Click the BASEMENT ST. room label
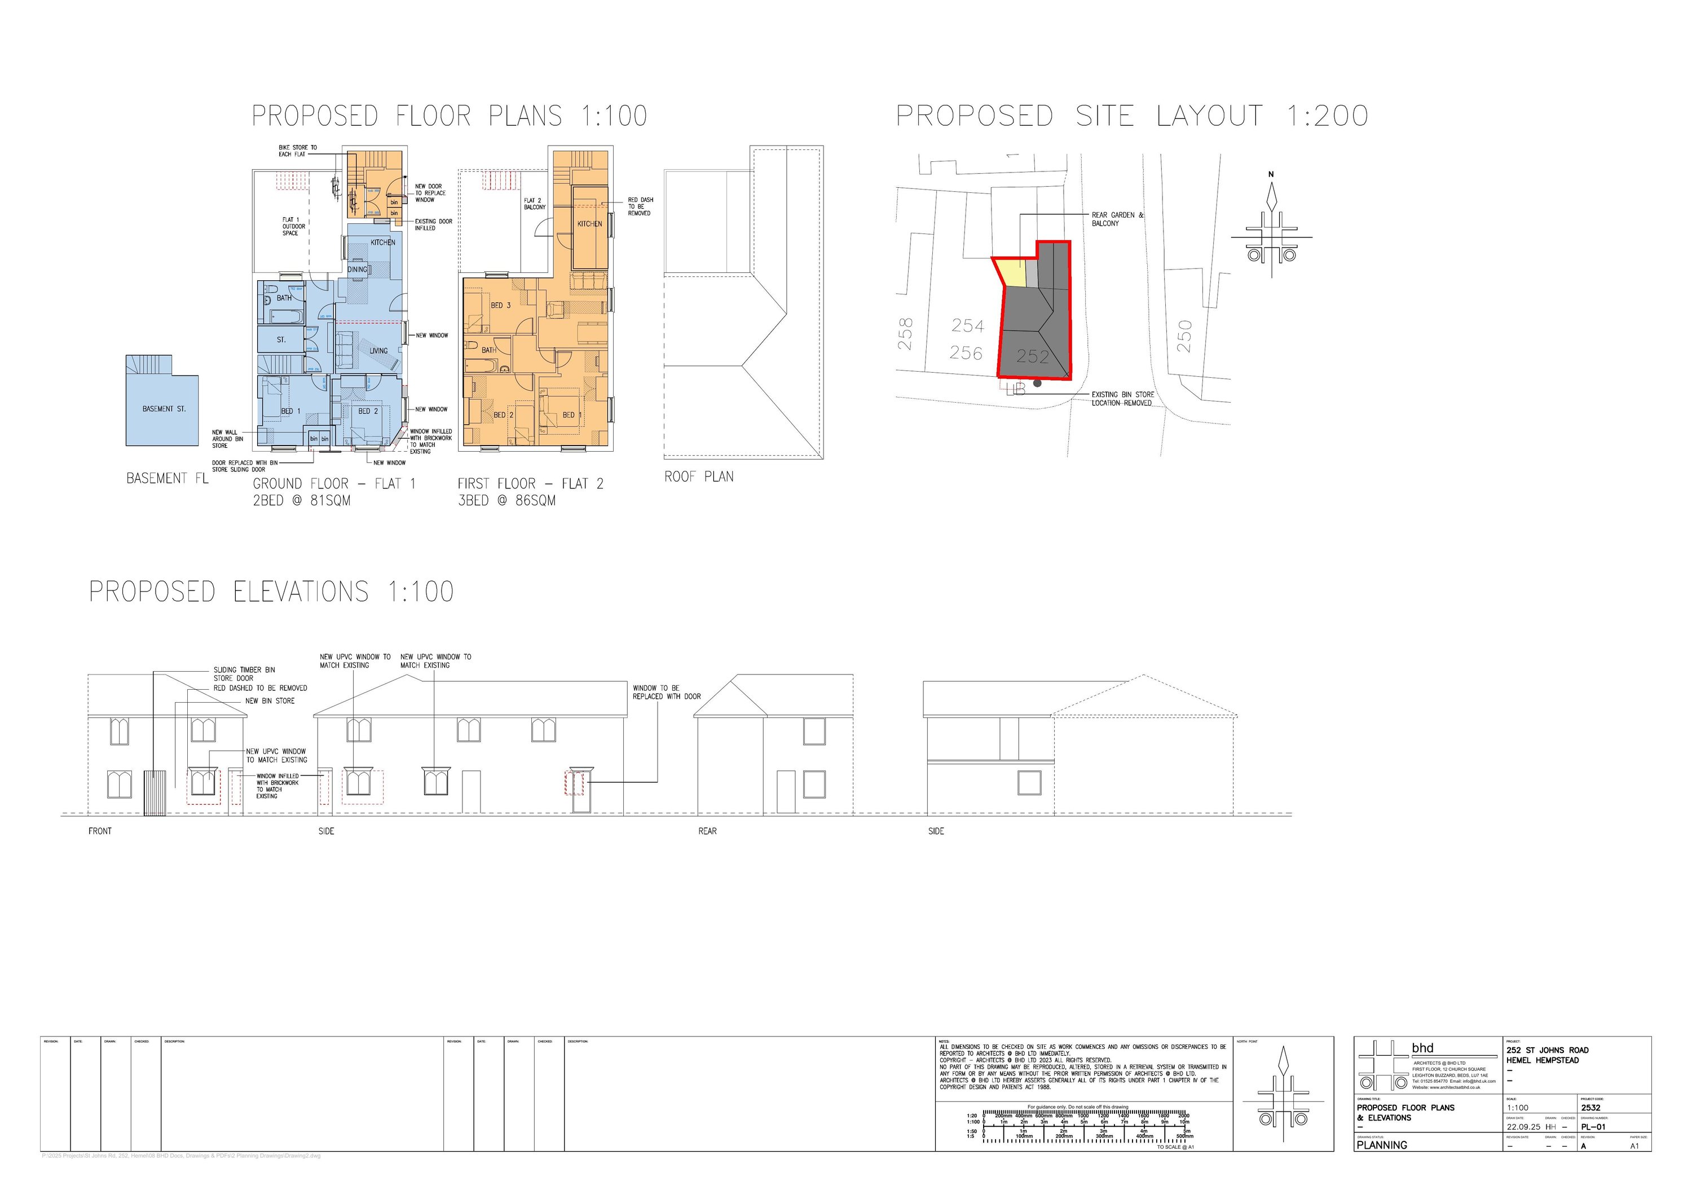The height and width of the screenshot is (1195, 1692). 164,409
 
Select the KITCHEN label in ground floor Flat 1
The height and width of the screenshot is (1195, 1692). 382,242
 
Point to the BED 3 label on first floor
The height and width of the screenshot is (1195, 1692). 500,305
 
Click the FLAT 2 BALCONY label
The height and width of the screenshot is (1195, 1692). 534,204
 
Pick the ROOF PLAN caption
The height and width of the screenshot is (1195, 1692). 699,477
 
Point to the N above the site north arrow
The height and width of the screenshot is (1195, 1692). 1271,175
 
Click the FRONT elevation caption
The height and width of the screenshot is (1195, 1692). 99,831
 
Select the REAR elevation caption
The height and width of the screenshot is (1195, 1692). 707,831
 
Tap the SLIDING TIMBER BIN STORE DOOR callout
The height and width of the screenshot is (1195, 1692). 244,674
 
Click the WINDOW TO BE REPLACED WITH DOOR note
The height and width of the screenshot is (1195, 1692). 666,692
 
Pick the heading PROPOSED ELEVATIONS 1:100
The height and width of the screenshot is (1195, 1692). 271,592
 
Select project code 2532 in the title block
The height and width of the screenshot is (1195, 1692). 1590,1108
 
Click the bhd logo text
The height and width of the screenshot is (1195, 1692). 1422,1048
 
